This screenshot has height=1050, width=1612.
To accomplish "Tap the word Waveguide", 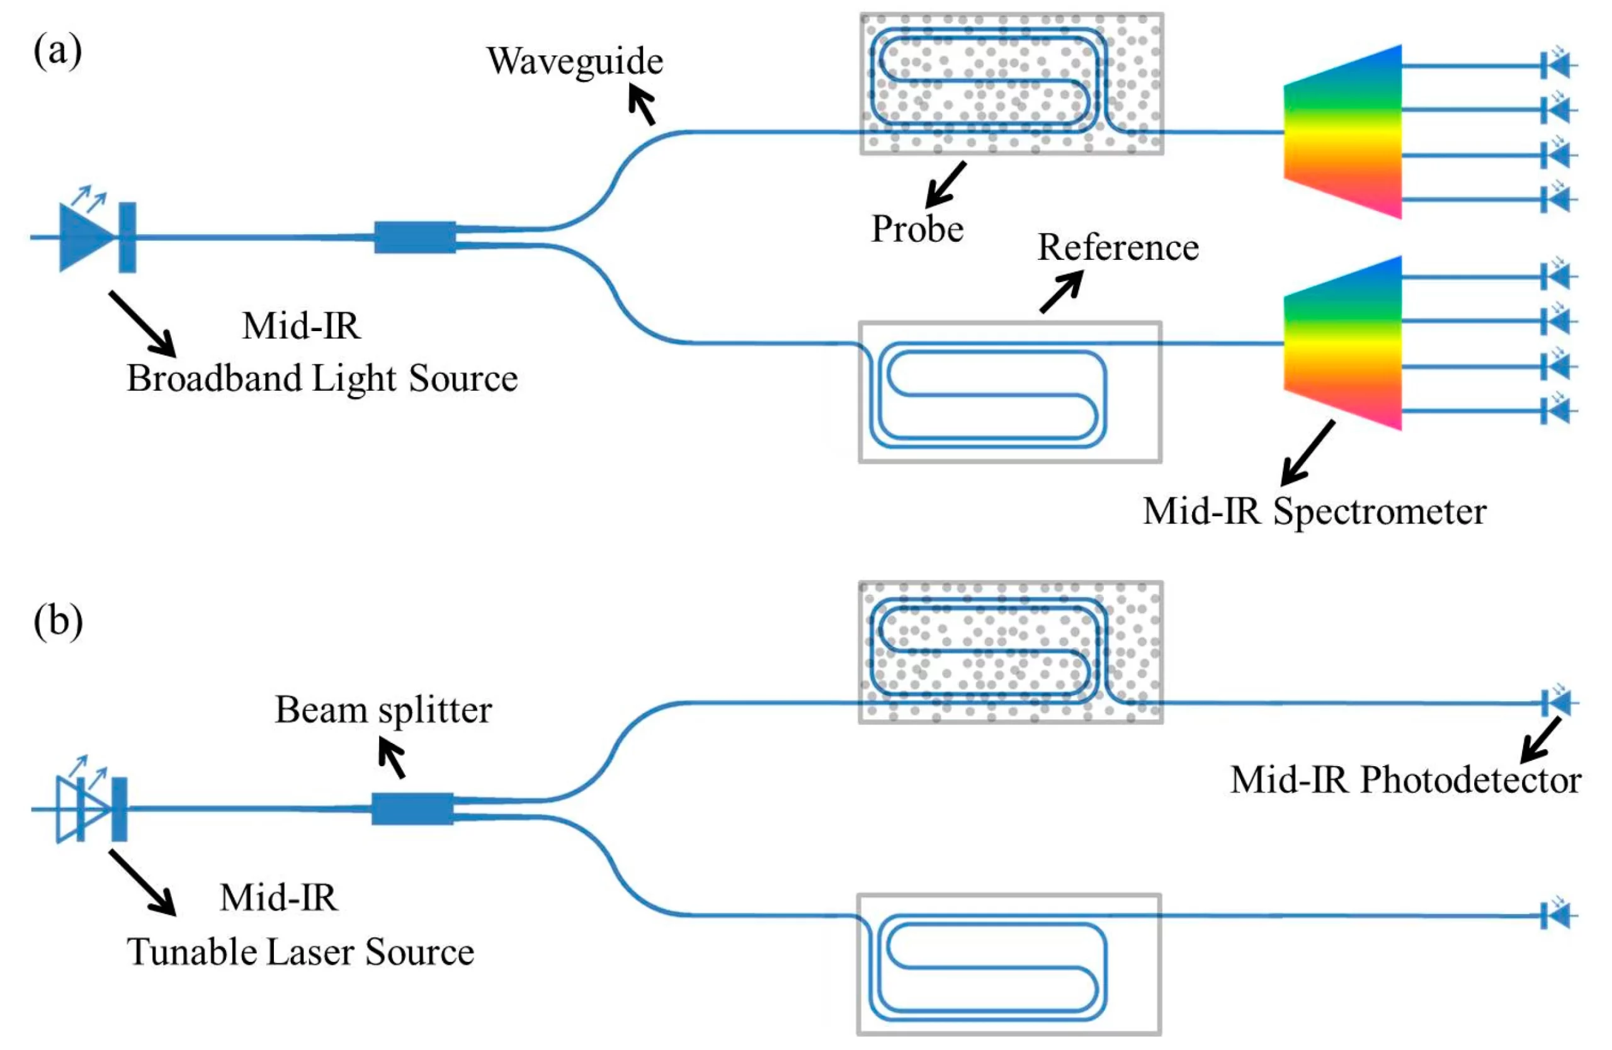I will [x=574, y=62].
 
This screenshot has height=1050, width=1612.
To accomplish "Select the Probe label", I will [x=917, y=229].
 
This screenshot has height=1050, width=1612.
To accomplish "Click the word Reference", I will [x=1118, y=247].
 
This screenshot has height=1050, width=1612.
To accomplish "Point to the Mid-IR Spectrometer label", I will [x=1314, y=511].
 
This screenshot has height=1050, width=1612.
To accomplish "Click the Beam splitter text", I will [x=383, y=710].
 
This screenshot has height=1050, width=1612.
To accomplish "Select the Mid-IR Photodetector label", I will [x=1405, y=780].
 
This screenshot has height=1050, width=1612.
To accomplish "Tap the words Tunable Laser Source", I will [x=300, y=952].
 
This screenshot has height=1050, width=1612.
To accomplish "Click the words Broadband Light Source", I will [x=322, y=378].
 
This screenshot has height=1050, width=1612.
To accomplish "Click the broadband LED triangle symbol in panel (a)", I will [x=84, y=237].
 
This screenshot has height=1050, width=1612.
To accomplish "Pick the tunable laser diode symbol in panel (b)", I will [x=81, y=809].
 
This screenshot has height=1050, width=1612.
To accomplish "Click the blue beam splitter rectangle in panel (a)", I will [x=414, y=237].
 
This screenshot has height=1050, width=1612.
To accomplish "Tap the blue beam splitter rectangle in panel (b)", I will [x=412, y=808].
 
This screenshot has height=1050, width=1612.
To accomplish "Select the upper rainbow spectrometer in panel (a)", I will [x=1342, y=132].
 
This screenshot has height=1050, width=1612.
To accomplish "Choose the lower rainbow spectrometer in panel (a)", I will [x=1342, y=343].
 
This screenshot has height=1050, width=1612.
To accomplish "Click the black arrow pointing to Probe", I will [x=945, y=185].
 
